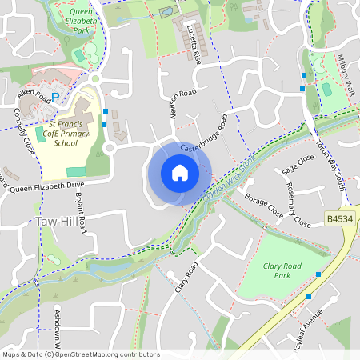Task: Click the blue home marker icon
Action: pos(179,173)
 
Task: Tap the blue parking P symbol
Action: pos(55,97)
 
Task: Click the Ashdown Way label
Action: pos(57,324)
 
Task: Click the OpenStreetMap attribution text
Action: pos(81,354)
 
